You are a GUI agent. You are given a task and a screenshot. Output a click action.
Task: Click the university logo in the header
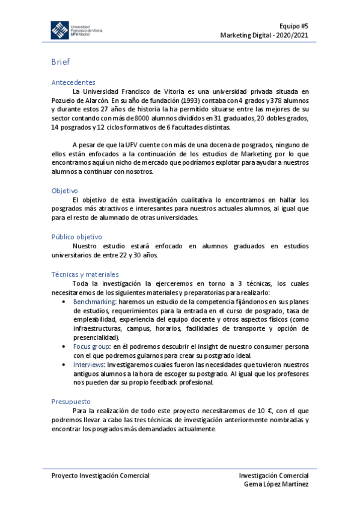click(x=76, y=31)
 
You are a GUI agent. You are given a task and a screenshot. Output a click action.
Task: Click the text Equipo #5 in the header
click(x=293, y=25)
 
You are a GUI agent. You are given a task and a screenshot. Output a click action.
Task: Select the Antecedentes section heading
click(x=73, y=82)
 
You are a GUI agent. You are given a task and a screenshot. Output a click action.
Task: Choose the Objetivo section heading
click(x=65, y=191)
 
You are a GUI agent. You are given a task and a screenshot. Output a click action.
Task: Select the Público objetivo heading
click(x=77, y=237)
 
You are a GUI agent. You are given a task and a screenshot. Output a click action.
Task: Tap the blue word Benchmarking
click(x=94, y=301)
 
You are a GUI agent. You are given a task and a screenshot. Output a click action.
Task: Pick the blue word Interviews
click(x=88, y=365)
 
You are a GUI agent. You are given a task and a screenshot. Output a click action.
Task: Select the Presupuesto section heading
click(x=71, y=401)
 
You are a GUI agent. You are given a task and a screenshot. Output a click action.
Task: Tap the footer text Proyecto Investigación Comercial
click(x=100, y=476)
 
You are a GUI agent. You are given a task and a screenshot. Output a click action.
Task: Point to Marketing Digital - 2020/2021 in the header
click(x=264, y=34)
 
